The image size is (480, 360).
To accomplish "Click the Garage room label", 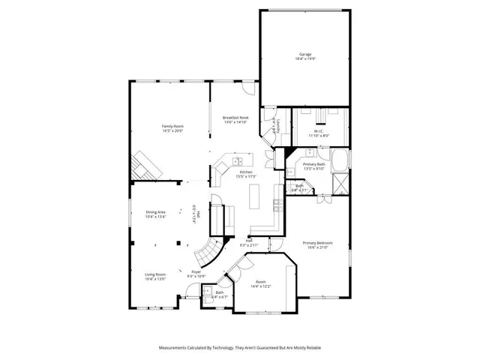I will point(304,54).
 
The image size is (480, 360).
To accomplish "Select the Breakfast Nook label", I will point(235,118).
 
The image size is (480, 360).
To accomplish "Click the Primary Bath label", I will point(313,163).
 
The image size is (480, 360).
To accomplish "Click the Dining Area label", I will point(155,213).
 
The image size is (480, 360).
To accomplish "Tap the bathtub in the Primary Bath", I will point(340,159).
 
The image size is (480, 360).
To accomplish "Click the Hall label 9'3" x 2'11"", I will point(249,243).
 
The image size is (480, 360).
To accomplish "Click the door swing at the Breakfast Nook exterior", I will point(250,88).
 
